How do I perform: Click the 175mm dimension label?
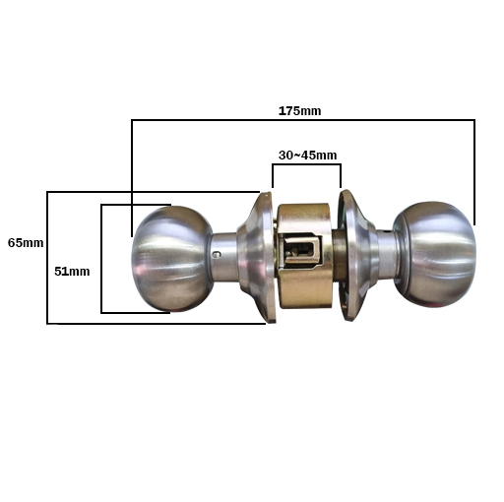tap(299, 111)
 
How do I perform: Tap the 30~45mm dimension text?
tap(307, 156)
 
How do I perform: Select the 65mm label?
tap(26, 243)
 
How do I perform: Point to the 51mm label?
tap(72, 272)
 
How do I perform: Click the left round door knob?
tap(172, 259)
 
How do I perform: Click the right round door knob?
tap(434, 255)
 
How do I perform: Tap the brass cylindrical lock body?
tap(303, 256)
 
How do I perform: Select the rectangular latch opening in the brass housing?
tap(301, 251)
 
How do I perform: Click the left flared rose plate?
tap(258, 258)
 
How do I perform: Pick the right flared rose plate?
tap(356, 255)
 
